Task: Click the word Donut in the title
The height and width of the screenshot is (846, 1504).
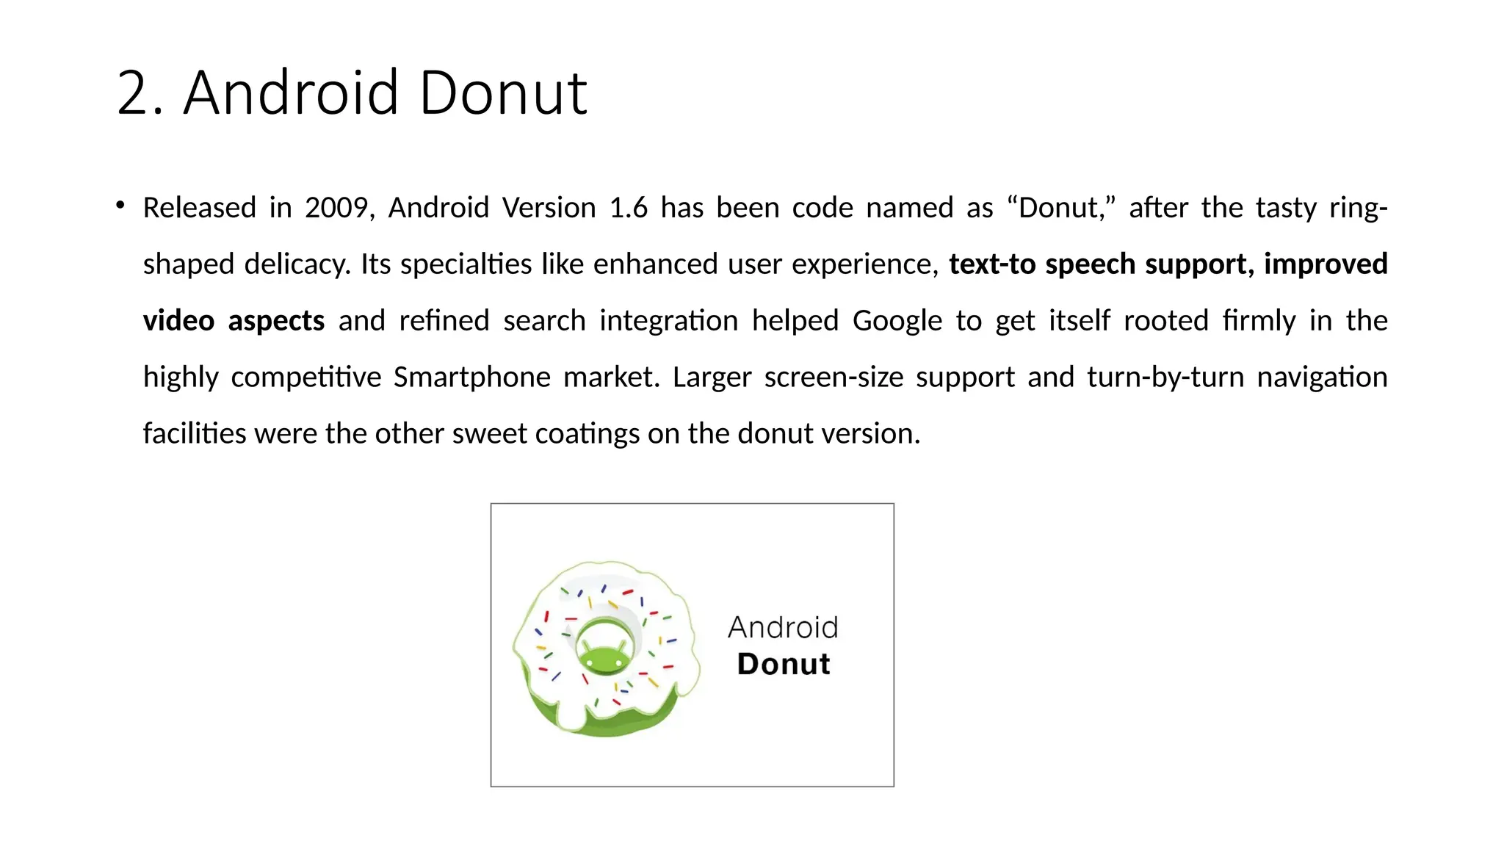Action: point(503,94)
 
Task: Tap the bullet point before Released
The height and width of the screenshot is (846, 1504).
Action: point(120,206)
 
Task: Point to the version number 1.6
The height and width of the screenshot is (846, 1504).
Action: point(629,209)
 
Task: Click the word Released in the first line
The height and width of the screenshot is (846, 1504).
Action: point(199,209)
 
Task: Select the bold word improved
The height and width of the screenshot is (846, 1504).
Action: point(1325,264)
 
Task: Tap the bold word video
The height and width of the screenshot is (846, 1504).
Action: point(178,321)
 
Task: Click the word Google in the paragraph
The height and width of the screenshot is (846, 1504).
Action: point(897,321)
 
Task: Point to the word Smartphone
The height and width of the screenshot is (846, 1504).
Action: point(471,377)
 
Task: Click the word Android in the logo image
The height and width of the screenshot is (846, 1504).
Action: point(783,628)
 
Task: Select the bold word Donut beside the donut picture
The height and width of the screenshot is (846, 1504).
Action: point(784,664)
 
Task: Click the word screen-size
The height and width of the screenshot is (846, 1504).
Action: point(834,377)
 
